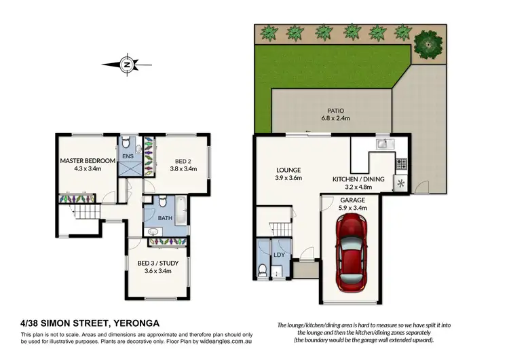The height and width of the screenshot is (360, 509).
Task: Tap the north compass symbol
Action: point(126,65)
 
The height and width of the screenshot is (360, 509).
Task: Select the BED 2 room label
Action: point(179,161)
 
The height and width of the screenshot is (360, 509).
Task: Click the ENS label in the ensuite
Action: point(128,156)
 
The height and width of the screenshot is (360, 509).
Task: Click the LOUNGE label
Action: point(288,170)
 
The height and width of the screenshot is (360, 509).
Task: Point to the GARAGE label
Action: point(352,200)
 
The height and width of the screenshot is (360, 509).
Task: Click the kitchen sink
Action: point(382,143)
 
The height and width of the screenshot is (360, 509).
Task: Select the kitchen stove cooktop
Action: point(400,163)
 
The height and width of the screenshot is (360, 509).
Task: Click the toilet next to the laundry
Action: point(263,270)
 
